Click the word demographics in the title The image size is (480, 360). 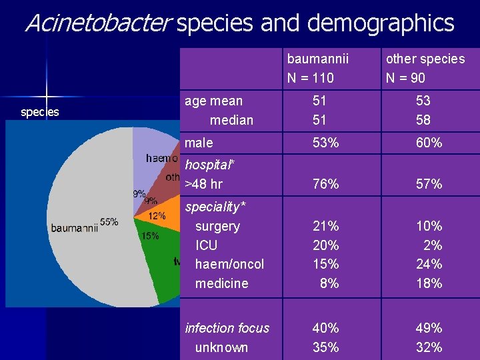[x=381, y=23]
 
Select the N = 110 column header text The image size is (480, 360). [x=310, y=78]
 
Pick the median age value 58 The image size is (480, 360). [x=423, y=120]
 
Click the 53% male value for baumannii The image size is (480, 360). [x=325, y=143]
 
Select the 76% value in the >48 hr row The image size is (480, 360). [x=325, y=183]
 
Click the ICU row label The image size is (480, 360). [x=206, y=245]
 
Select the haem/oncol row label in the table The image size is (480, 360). [x=229, y=264]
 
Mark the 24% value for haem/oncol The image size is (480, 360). [x=428, y=264]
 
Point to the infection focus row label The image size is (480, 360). [x=227, y=328]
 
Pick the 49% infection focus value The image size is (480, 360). [x=428, y=328]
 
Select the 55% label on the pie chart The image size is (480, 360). [x=109, y=222]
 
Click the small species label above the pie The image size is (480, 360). [x=40, y=112]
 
